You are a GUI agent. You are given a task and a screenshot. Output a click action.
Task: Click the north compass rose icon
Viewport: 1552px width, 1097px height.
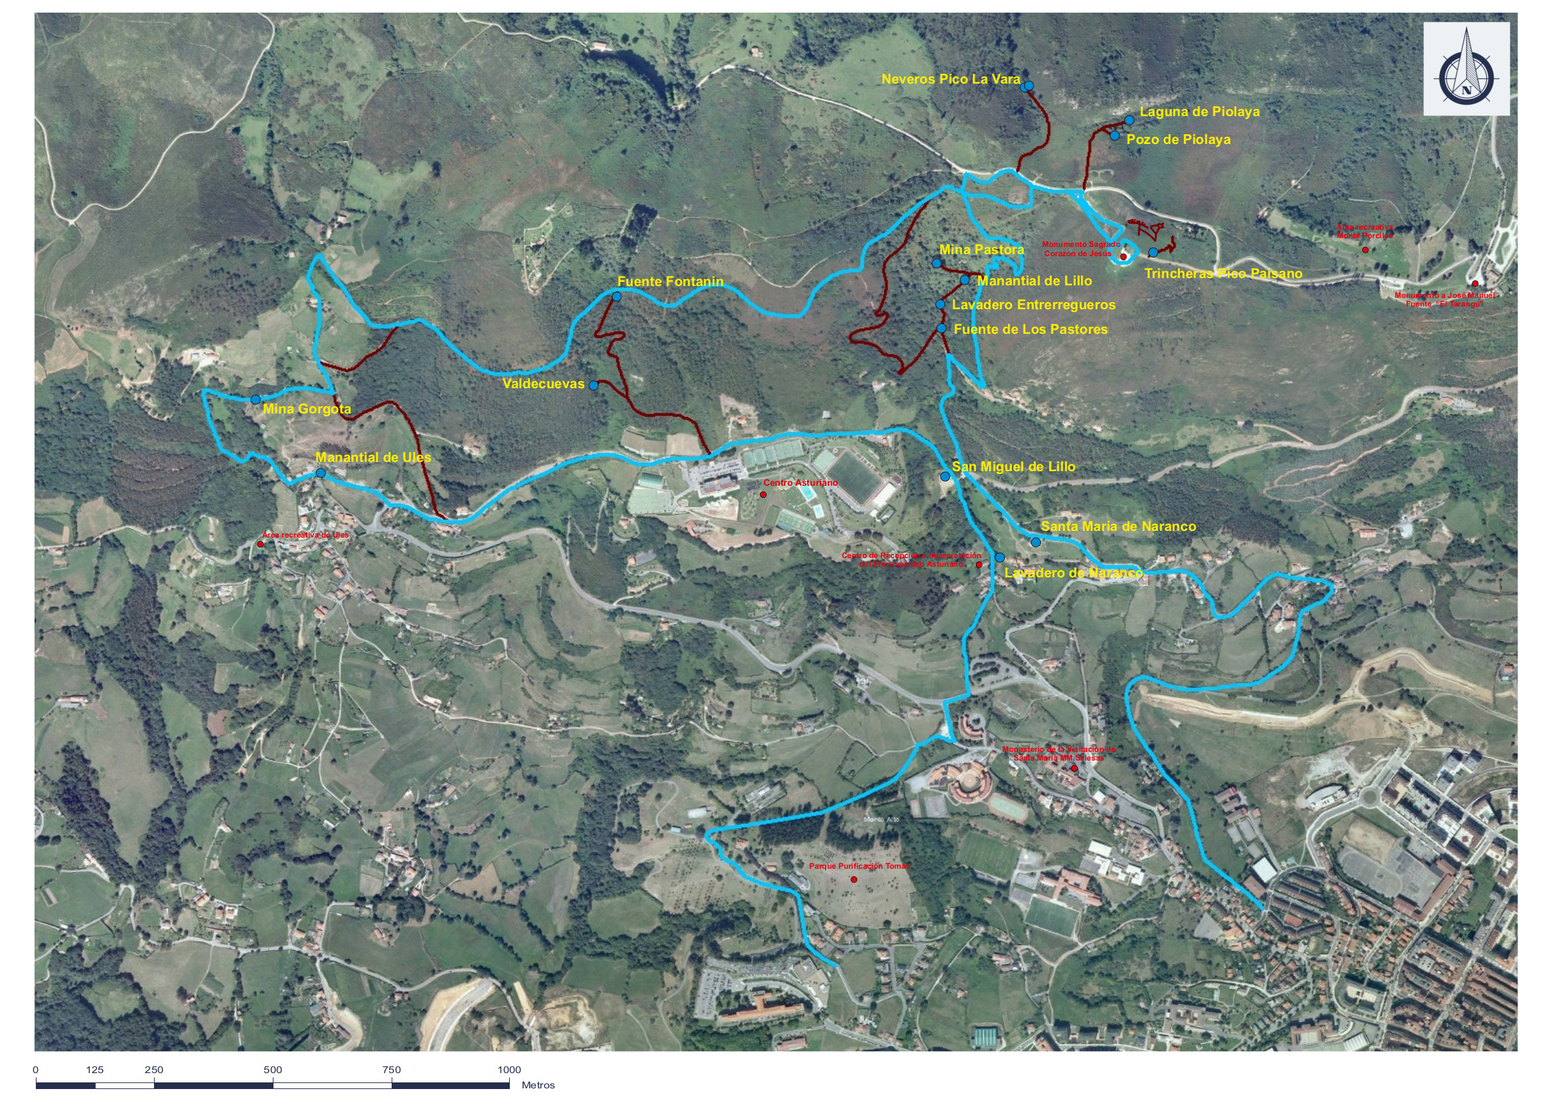coord(1466,68)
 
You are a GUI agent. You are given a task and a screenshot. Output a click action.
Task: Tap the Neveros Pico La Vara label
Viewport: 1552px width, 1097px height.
coord(951,80)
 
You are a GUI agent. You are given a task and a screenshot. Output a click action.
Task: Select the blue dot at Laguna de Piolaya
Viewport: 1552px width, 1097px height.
coord(1129,120)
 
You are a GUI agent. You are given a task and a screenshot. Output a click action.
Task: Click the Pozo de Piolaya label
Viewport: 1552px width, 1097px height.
coord(1178,140)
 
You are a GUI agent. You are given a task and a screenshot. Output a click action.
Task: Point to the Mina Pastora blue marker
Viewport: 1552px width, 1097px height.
coord(936,263)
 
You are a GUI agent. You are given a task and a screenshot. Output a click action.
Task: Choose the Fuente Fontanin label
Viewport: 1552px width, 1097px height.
coord(670,281)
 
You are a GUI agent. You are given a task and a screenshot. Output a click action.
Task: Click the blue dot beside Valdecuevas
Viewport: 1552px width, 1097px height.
coord(593,386)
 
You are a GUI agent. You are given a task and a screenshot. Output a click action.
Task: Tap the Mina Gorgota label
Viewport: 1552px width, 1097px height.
coord(307,409)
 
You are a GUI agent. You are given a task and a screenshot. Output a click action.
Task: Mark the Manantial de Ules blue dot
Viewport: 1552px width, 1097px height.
coord(321,473)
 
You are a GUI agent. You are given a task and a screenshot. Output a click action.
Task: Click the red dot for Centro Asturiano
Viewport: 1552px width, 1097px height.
coord(763,495)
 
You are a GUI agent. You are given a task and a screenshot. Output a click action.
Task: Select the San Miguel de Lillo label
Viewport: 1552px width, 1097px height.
coord(1013,467)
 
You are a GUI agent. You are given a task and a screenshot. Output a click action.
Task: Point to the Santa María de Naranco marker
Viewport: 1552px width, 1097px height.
coord(1036,542)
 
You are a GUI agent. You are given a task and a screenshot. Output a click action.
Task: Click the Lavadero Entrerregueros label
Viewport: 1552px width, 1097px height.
coord(1034,305)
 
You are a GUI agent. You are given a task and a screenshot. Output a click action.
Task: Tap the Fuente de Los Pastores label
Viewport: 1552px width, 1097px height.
coord(1030,330)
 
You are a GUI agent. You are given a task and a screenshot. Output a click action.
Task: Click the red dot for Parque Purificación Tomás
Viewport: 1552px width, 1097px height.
coord(854,879)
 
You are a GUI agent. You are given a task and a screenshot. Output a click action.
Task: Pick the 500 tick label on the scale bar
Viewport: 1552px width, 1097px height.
coord(272,1070)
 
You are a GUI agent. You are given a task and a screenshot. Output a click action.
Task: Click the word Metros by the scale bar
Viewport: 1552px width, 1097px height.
coord(538,1086)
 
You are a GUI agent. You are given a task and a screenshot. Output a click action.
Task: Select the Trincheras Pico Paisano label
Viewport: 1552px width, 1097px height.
coord(1223,273)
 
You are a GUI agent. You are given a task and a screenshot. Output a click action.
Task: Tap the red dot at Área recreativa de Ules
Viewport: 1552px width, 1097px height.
coord(260,544)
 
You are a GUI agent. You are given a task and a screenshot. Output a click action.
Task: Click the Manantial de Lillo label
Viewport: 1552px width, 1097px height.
coord(1034,281)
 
